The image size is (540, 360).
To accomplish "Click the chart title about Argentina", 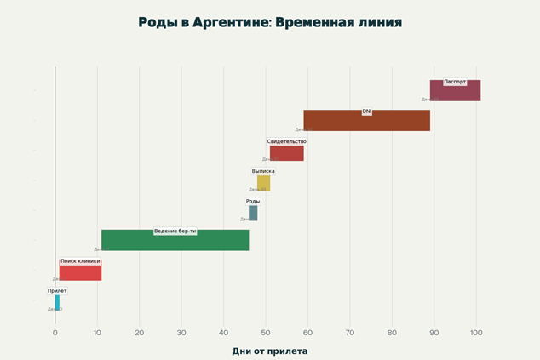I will click(x=270, y=22).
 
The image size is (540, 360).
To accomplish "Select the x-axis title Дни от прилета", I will click(x=270, y=351).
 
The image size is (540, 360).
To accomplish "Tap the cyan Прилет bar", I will click(x=57, y=302).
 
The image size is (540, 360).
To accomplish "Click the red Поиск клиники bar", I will click(x=80, y=272).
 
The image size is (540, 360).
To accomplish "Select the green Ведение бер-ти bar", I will click(x=175, y=241).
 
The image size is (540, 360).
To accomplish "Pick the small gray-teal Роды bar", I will click(x=253, y=213).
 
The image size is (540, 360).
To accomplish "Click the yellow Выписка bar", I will click(x=263, y=183).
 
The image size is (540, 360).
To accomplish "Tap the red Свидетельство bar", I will click(x=287, y=153).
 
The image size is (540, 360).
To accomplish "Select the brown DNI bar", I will click(x=366, y=121).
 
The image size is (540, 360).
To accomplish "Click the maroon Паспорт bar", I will click(x=455, y=90).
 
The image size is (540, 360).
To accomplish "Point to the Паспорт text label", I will click(x=455, y=82).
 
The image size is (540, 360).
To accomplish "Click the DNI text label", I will click(x=367, y=111).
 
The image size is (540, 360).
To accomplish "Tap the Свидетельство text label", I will click(x=286, y=141).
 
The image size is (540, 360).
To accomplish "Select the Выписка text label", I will click(x=263, y=171).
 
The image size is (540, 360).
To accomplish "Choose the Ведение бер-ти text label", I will click(x=175, y=231).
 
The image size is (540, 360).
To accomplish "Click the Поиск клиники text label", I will click(x=80, y=261).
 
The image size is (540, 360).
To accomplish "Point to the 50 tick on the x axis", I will click(x=266, y=333).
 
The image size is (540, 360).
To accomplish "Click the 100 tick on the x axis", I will click(x=476, y=333).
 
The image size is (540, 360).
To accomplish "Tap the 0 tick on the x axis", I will click(x=55, y=333).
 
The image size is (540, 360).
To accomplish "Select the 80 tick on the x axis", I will click(x=392, y=333).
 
